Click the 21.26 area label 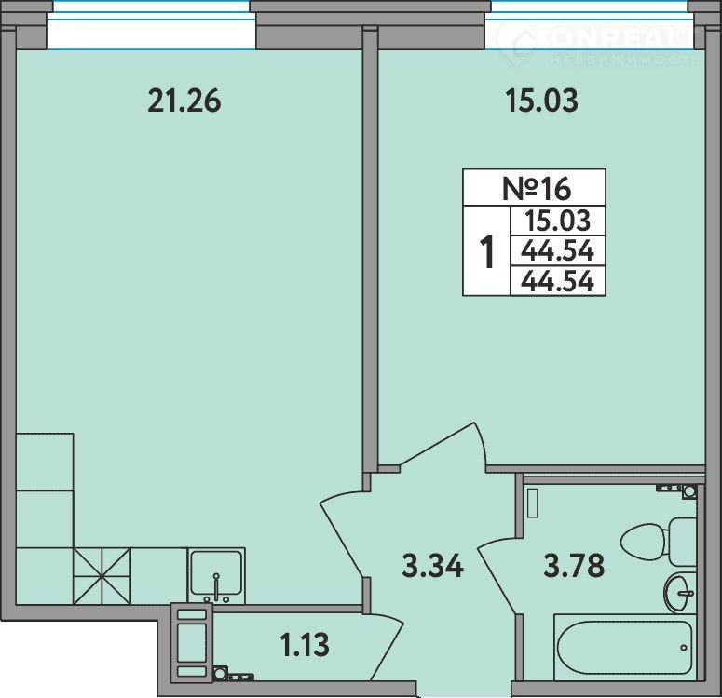184,101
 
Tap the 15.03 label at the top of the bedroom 541,101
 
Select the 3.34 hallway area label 433,566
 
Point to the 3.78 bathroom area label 574,566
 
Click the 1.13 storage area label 305,645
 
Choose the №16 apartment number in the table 537,189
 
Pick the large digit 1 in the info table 486,251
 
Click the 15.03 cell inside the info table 558,221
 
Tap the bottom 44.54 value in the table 558,281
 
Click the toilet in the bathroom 659,542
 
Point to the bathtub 625,647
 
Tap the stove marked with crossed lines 102,575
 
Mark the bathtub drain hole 684,648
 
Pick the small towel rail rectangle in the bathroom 533,503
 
